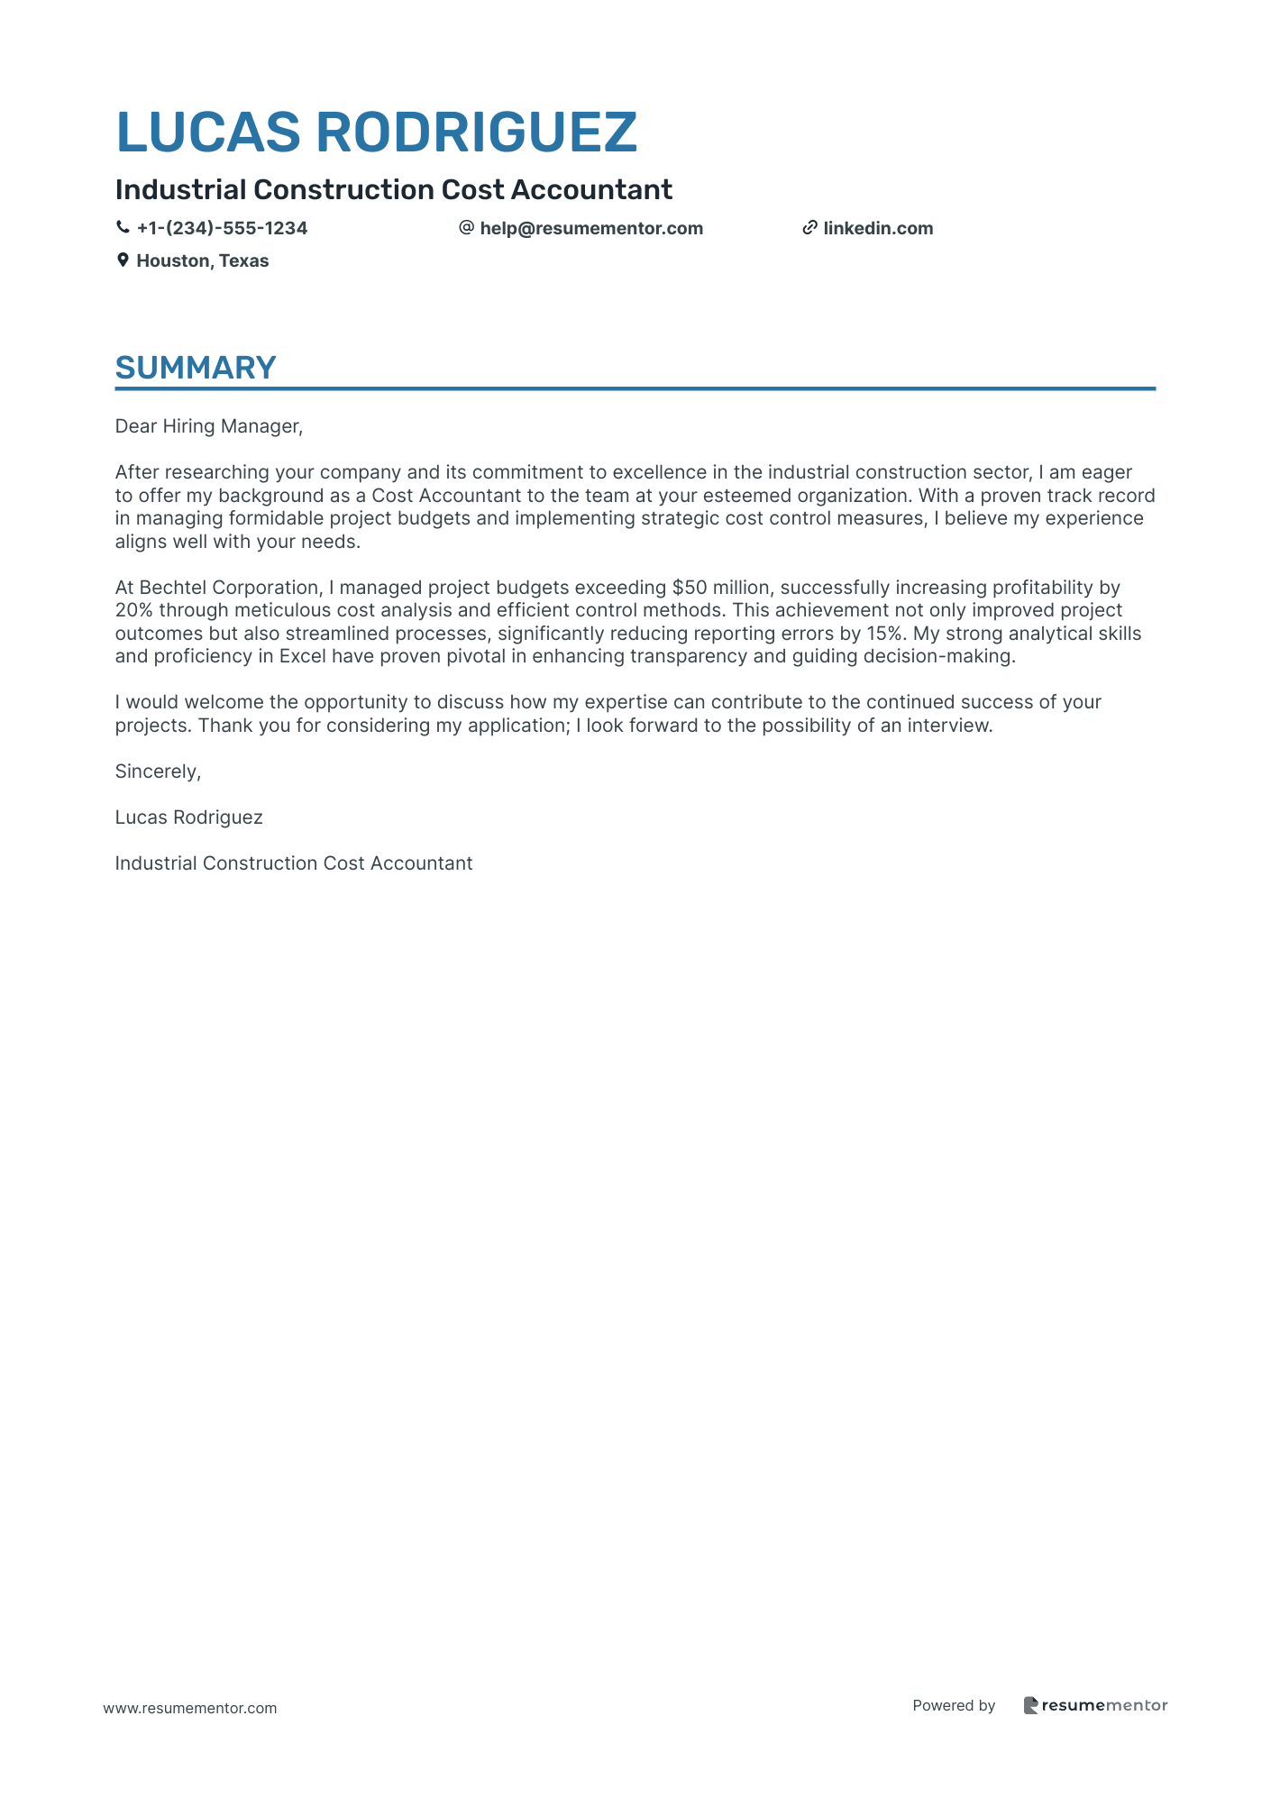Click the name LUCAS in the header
[x=208, y=132]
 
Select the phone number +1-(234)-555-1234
[x=222, y=228]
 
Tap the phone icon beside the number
[x=123, y=228]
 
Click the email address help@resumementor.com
[x=591, y=228]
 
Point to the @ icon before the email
[x=466, y=228]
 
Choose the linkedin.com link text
[x=878, y=228]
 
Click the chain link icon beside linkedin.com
[x=809, y=228]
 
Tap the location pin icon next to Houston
[x=123, y=260]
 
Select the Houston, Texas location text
[x=203, y=260]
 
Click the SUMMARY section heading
[x=196, y=368]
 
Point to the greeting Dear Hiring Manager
[x=209, y=426]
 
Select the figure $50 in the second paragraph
[x=690, y=588]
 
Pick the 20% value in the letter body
[x=133, y=610]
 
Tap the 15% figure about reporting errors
[x=884, y=634]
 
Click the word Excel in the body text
[x=303, y=656]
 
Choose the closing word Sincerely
[x=158, y=771]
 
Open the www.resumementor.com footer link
[x=190, y=1708]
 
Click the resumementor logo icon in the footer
[x=1031, y=1705]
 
